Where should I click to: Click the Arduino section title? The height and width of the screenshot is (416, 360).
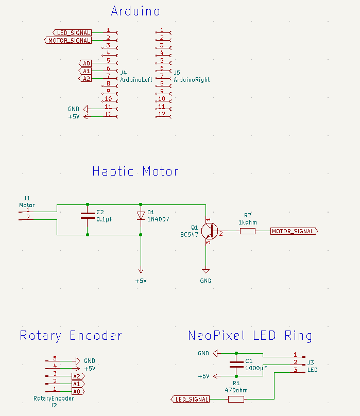click(135, 11)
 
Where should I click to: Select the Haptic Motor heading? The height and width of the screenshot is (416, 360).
click(135, 171)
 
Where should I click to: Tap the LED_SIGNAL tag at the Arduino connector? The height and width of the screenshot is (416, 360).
click(72, 32)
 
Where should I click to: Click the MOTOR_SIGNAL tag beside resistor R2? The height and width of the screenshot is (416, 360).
click(293, 231)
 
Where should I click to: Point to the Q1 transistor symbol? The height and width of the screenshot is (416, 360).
click(209, 231)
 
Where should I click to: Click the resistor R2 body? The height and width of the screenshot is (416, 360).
click(248, 231)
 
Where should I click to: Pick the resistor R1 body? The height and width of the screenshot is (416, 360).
click(236, 399)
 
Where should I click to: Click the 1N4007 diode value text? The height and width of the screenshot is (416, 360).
click(158, 219)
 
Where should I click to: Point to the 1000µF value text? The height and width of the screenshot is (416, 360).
click(256, 369)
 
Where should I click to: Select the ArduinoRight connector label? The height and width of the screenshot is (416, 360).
click(192, 80)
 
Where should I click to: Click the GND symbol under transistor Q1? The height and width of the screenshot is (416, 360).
click(206, 272)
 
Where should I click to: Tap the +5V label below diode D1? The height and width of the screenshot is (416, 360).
click(141, 281)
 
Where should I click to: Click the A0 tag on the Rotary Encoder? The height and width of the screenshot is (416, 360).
click(78, 391)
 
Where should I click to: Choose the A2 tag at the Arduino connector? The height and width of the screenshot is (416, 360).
click(85, 79)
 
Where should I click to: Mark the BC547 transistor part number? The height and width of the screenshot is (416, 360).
click(189, 234)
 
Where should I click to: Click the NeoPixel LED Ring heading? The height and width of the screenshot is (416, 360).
click(250, 336)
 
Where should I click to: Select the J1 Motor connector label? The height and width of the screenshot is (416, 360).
click(27, 201)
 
